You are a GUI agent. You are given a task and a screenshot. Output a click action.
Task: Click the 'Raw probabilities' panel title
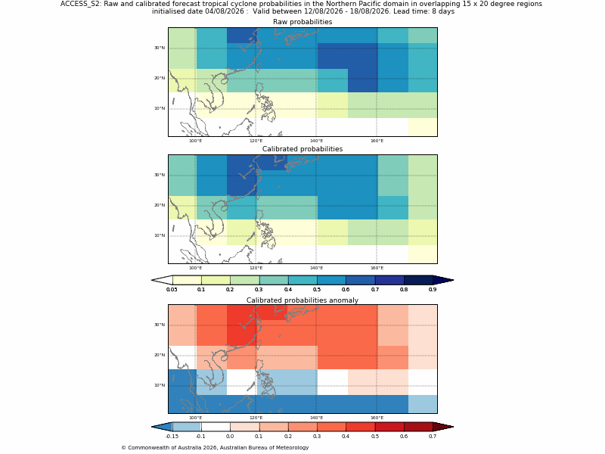pos(302,22)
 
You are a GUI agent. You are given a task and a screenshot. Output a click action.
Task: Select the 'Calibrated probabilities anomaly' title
pos(302,300)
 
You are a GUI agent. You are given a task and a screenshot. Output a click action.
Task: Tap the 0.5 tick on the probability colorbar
pos(317,289)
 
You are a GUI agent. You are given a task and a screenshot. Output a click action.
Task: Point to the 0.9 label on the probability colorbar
pos(433,289)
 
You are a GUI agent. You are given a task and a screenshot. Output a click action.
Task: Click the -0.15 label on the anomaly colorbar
pos(172,437)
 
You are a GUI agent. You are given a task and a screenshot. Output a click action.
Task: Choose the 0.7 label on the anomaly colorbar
pos(433,437)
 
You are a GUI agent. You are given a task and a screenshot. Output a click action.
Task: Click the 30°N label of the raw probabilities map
pos(160,48)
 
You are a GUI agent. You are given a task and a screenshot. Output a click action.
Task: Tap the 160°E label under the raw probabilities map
pos(377,141)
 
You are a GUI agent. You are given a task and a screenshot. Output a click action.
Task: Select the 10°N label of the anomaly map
pos(160,385)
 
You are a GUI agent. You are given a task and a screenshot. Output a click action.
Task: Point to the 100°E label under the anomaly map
pos(195,418)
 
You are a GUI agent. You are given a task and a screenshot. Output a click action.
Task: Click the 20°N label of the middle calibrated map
pos(160,205)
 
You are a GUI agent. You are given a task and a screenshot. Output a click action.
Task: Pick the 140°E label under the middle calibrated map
pos(316,268)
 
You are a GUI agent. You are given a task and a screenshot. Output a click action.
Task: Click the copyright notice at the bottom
pos(215,448)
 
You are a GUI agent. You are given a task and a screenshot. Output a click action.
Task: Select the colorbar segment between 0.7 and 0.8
pos(389,280)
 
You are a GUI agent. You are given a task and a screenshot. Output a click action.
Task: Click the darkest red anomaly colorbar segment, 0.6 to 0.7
pos(418,427)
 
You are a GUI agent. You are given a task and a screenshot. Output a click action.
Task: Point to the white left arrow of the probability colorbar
pos(162,280)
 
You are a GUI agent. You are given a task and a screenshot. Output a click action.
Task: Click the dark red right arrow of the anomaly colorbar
pos(443,427)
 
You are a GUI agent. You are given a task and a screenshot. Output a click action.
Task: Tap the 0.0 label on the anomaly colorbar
pos(230,437)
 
